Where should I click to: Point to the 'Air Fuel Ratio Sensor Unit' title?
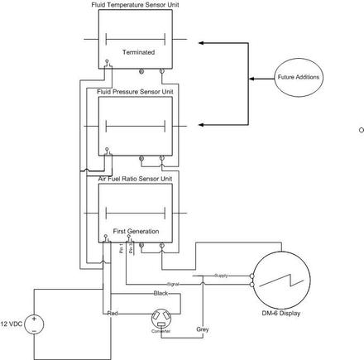click(136, 177)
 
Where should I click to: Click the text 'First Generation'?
click(136, 230)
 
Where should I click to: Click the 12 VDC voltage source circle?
click(35, 324)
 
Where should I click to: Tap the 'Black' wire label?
click(160, 294)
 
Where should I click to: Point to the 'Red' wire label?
click(112, 314)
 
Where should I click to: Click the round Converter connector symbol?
click(160, 319)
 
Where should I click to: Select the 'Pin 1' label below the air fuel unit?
click(122, 249)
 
